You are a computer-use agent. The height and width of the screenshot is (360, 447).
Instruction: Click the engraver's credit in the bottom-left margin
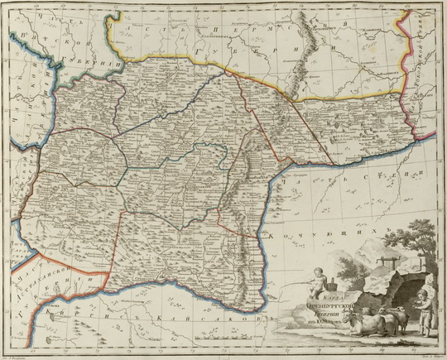tap(18, 356)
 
